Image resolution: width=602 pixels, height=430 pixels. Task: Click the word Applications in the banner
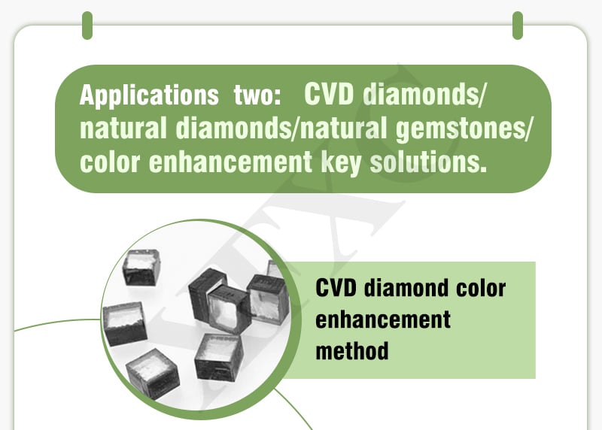[149, 96]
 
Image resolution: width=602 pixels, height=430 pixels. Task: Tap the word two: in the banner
[257, 95]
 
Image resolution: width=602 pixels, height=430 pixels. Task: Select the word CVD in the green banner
[329, 95]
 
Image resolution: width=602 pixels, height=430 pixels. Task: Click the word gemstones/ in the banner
[464, 129]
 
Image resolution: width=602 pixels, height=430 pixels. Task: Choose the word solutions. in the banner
[428, 162]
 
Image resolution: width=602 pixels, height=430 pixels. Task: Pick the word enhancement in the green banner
[230, 162]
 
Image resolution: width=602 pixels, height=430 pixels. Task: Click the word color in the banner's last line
[109, 162]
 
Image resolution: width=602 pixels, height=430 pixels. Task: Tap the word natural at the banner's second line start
[123, 128]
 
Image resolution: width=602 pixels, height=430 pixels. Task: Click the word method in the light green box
[352, 350]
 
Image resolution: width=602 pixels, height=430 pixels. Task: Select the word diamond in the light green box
[405, 288]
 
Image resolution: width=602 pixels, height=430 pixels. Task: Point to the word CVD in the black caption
[336, 288]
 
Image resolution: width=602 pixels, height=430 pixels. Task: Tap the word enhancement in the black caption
[383, 319]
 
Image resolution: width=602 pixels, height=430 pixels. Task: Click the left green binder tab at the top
[87, 26]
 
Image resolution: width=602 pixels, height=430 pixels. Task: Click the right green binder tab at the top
[518, 26]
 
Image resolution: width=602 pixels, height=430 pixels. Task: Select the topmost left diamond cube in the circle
[141, 267]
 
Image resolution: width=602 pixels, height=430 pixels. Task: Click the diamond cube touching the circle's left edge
[124, 323]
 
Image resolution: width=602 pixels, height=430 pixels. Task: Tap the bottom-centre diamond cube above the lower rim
[218, 357]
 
